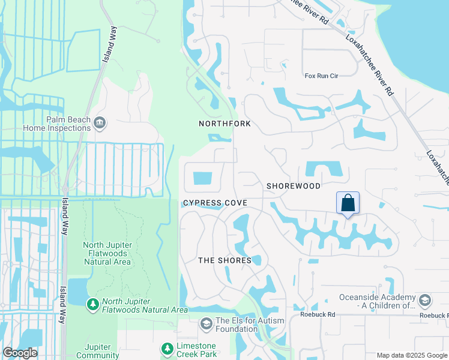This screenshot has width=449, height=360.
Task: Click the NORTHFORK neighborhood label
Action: coord(224,124)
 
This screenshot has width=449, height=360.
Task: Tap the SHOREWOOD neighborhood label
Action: coord(294,186)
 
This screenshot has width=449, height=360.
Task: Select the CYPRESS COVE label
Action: coord(215,203)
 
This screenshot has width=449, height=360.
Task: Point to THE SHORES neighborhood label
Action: coord(224,260)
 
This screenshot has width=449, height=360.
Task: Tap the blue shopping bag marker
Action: coord(348,203)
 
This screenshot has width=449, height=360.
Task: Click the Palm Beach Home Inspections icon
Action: coord(100,123)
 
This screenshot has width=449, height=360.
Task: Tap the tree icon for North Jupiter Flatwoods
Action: coord(93,305)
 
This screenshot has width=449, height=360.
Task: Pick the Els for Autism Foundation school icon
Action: coord(206,325)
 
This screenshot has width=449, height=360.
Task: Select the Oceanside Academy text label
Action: coord(378,301)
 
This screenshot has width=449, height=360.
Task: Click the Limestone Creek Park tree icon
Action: coord(166,348)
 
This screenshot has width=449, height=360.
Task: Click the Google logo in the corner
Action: coord(20,353)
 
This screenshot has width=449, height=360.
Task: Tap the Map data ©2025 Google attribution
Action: coord(411,355)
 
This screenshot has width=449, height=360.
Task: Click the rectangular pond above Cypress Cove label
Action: coord(203,178)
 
